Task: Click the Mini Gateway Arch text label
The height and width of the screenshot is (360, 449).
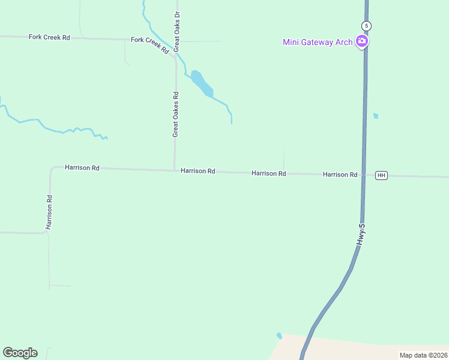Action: point(318,41)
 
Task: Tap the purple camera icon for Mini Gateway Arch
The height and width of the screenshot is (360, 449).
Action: point(362,41)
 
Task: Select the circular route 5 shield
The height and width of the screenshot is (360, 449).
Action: point(366,26)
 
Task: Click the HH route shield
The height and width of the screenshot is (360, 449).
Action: point(381,175)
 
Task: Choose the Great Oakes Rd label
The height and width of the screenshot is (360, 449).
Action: point(176,114)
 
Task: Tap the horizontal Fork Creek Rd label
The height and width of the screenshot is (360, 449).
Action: point(49,37)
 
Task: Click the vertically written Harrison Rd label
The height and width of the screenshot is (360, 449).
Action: point(49,212)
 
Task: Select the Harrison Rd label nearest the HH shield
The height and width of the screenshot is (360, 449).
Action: point(340,174)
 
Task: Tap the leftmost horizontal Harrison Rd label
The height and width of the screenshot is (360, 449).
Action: point(82,168)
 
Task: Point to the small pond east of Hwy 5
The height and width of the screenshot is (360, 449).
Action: point(376,116)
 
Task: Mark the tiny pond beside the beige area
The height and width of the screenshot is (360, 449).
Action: point(279,335)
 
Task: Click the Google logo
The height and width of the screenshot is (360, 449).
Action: point(20,353)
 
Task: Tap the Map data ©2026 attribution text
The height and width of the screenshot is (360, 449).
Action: point(423,355)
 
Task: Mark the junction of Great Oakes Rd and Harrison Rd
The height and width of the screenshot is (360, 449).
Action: point(175,170)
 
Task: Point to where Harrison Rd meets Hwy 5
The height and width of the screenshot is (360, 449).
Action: point(363,175)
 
